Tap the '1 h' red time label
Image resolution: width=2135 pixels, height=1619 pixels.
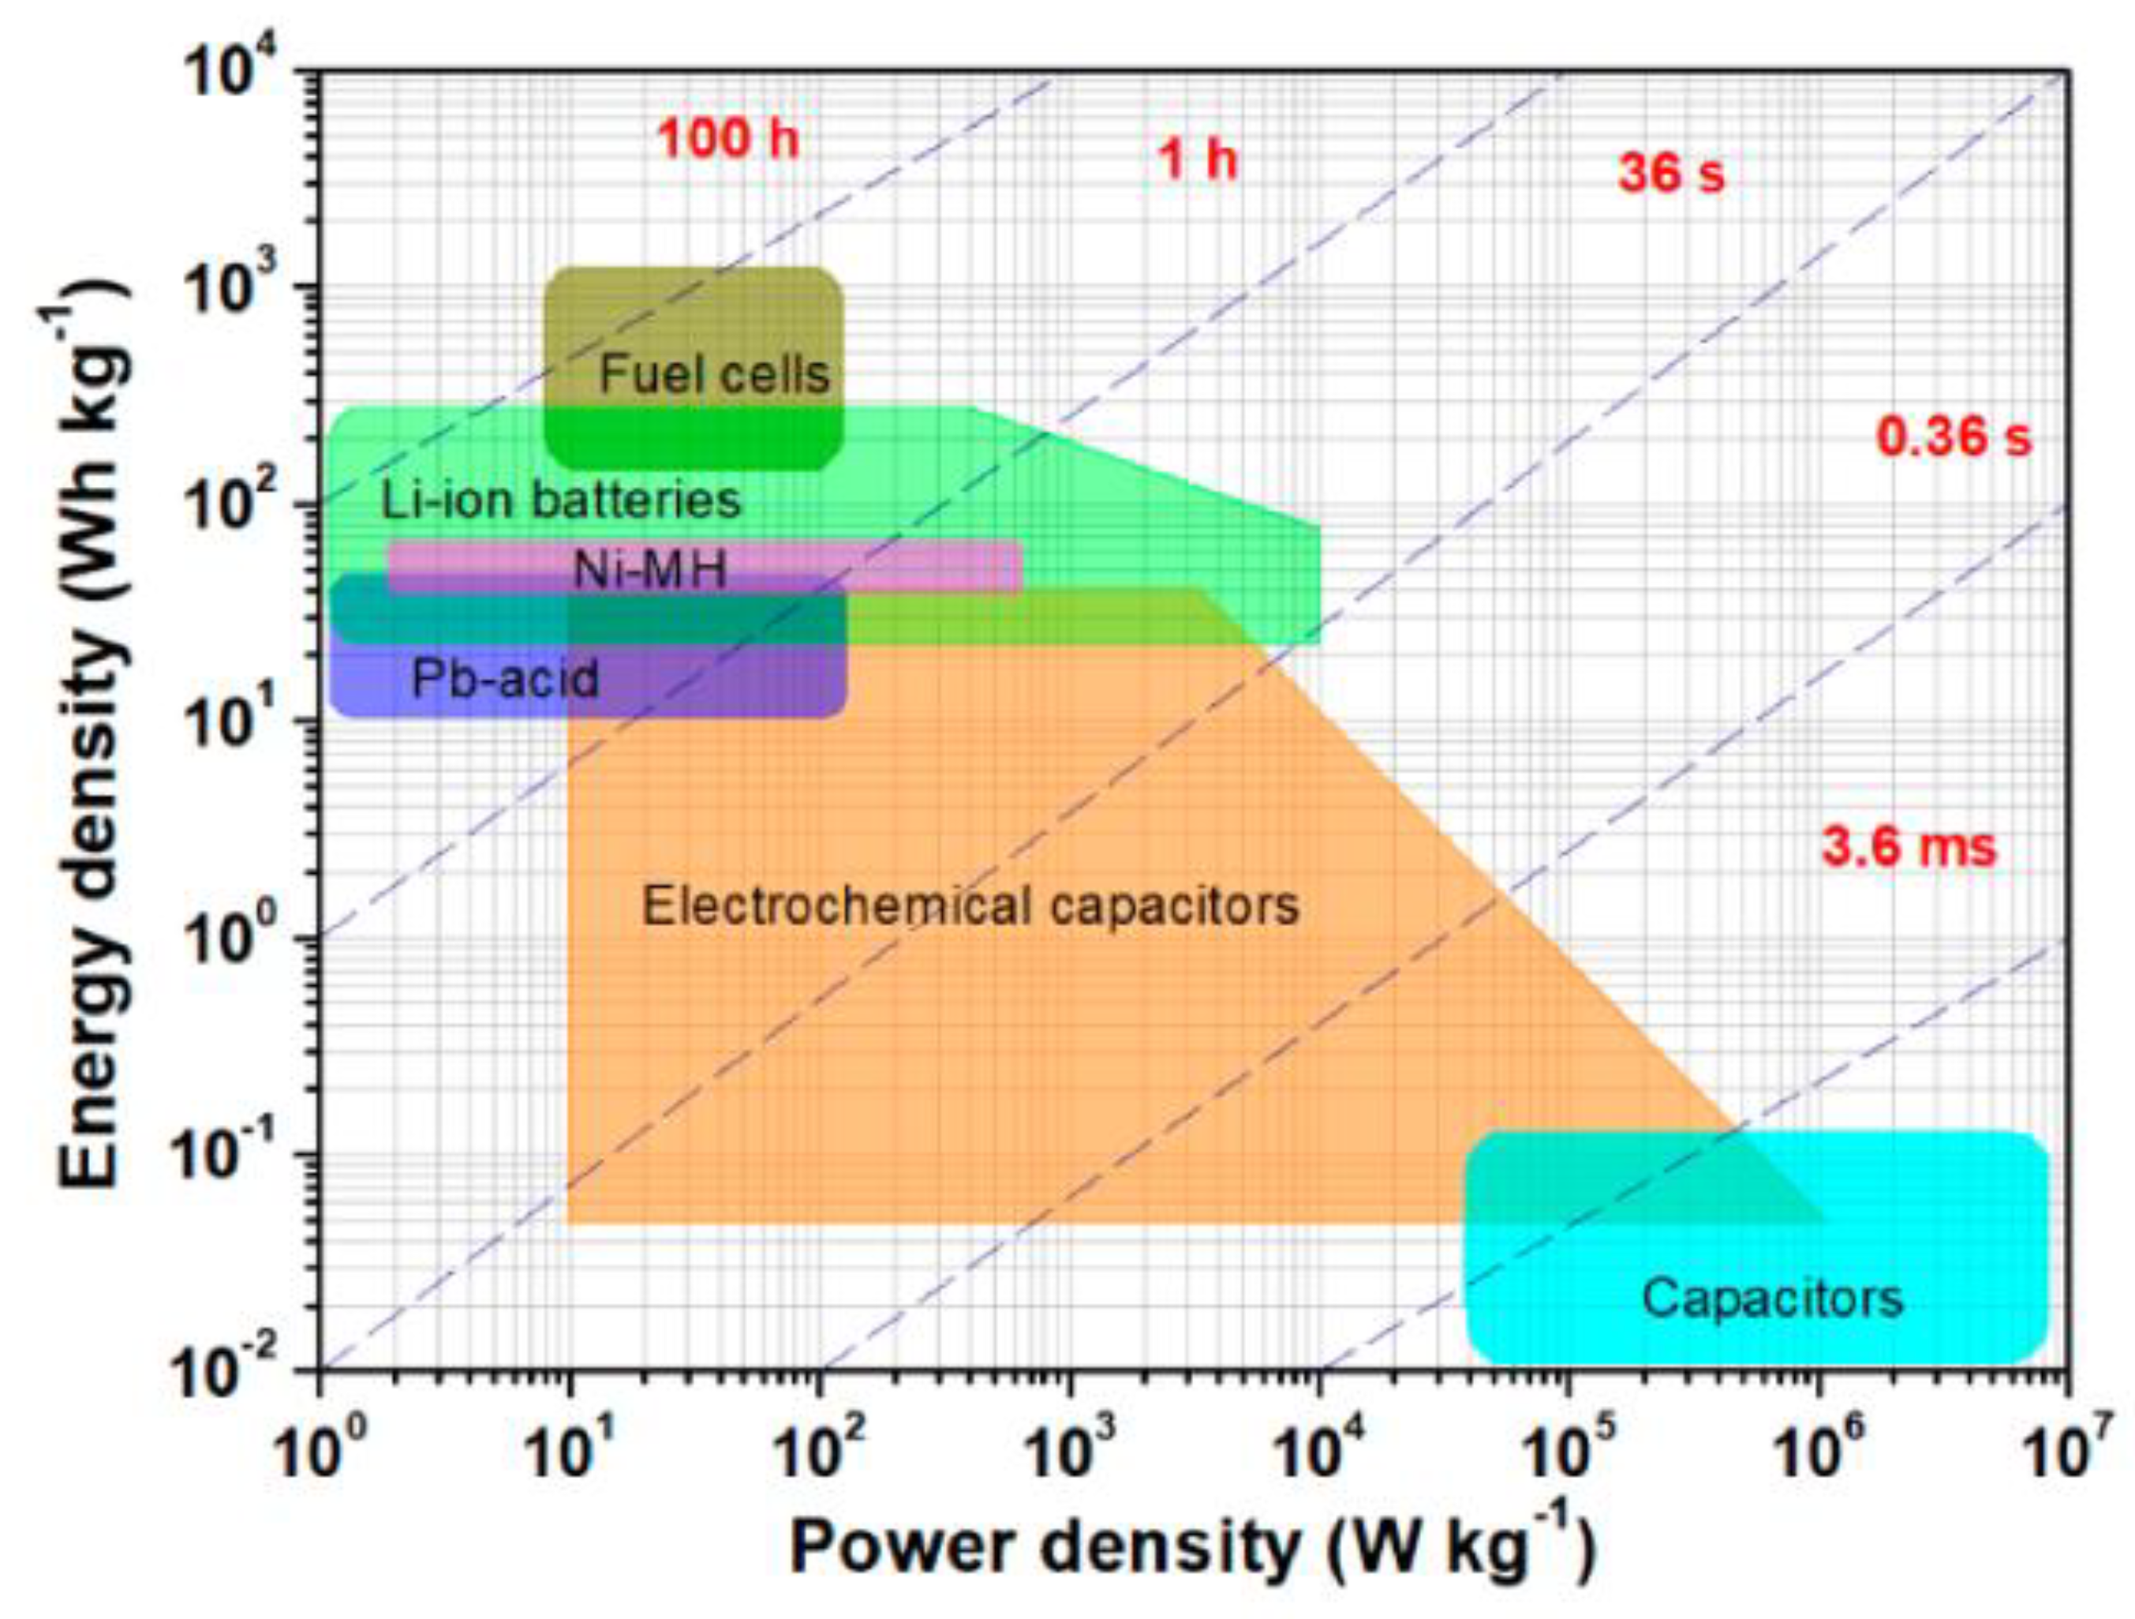click(x=1196, y=159)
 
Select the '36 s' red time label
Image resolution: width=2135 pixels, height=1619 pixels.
click(x=1671, y=174)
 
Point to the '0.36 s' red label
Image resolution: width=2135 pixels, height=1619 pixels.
click(x=1954, y=437)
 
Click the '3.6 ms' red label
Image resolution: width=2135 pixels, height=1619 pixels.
click(x=1909, y=848)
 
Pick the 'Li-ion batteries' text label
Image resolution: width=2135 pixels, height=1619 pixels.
click(x=561, y=501)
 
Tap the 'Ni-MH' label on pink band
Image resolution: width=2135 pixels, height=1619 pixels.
click(x=649, y=571)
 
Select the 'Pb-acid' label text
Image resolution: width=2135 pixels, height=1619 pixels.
click(x=505, y=679)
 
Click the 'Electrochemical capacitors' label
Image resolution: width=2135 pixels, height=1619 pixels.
click(x=970, y=906)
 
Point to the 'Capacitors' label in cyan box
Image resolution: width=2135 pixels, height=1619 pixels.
click(x=1772, y=1299)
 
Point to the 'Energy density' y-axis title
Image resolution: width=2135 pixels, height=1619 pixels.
click(x=92, y=733)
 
